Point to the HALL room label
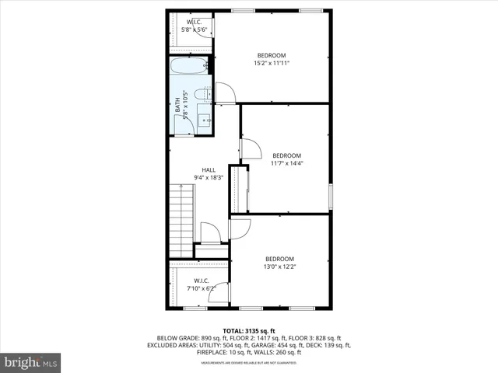(x=209, y=170)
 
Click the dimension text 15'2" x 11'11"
(x=272, y=63)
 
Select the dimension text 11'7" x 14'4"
(x=286, y=163)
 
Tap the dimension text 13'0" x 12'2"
(x=279, y=267)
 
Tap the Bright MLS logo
(x=31, y=361)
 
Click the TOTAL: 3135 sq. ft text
(x=248, y=330)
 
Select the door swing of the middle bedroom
(x=251, y=148)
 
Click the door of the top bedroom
(x=226, y=92)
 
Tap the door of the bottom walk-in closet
(x=220, y=293)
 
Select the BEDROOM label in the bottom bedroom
(x=279, y=259)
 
